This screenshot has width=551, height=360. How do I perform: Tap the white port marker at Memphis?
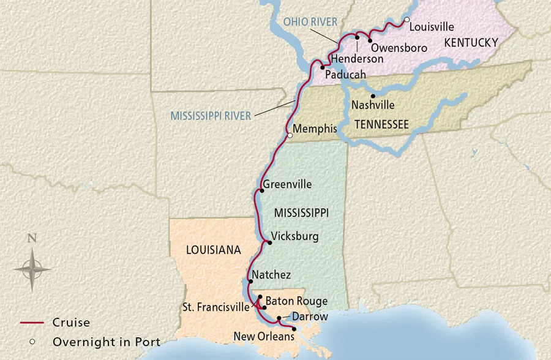coord(290,136)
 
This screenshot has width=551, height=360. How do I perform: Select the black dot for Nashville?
coord(373,96)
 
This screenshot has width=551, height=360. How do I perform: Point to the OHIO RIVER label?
coord(310,23)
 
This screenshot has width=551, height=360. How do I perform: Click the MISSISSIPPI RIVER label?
coord(211,116)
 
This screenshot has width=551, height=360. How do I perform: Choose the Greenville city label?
coord(287,184)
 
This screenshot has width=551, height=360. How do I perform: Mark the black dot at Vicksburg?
coord(269,242)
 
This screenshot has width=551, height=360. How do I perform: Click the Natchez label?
coord(271,275)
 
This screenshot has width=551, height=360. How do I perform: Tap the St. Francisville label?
coord(215,306)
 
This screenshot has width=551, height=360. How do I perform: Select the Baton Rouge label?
coord(296,301)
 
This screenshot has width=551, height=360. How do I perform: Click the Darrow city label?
coord(310,317)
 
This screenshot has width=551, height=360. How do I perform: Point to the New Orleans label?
coord(264,336)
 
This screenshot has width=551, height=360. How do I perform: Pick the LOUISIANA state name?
coord(213,250)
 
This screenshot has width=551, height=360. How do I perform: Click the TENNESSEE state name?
coord(381,124)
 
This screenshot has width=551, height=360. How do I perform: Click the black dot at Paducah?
coord(322,67)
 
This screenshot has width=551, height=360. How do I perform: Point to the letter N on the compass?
coord(32,239)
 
